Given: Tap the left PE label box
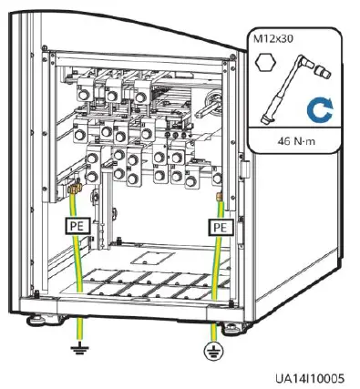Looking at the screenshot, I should [77, 223].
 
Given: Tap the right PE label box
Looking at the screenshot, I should [219, 225].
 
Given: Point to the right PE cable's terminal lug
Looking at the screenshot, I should [219, 196].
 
